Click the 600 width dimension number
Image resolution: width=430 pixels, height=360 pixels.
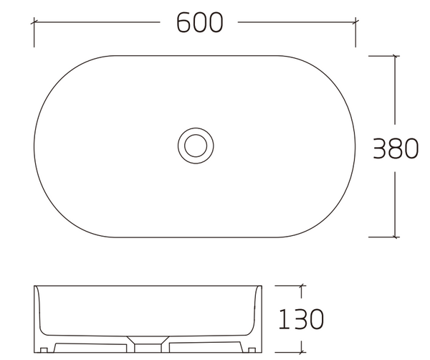click(199, 22)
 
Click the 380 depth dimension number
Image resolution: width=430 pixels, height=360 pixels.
click(396, 148)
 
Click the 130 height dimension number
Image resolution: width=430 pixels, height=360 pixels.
click(301, 318)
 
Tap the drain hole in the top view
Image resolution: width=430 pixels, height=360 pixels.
click(196, 146)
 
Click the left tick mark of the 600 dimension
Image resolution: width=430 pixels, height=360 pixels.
click(34, 22)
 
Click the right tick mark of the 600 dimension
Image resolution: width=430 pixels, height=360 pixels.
click(355, 22)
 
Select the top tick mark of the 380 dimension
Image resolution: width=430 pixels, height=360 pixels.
click(395, 56)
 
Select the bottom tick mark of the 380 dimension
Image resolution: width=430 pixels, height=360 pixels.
click(395, 237)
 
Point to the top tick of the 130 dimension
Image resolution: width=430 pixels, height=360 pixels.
click(302, 285)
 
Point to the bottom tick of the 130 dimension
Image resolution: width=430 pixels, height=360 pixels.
click(302, 352)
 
